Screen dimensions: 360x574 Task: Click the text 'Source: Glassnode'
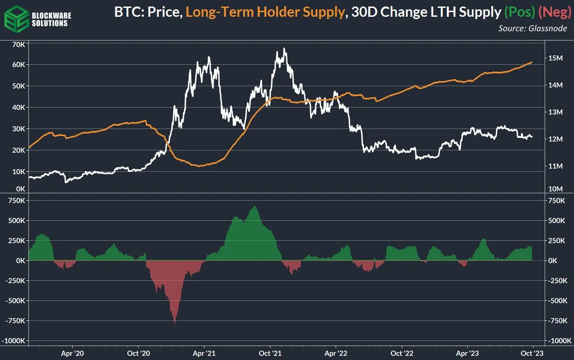point(533,28)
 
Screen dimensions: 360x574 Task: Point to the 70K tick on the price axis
point(19,44)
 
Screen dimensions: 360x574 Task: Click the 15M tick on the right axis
point(557,58)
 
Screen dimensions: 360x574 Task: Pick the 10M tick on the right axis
point(557,189)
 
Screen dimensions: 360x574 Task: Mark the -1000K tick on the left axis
point(16,341)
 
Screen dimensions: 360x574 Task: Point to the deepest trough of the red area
point(175,323)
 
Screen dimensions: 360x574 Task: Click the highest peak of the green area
point(254,206)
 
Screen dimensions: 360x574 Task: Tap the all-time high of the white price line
point(284,48)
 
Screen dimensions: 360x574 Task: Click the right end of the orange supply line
point(532,62)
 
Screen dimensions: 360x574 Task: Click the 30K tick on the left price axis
point(19,129)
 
